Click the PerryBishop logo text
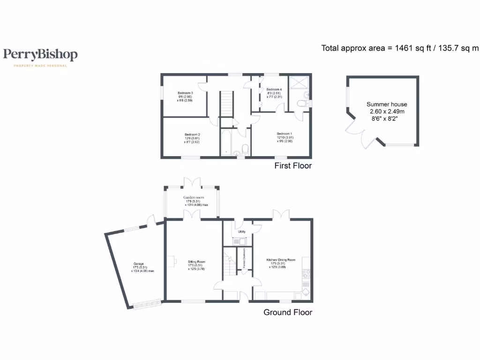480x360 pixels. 40,55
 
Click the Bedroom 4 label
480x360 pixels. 274,93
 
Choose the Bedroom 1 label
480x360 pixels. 284,137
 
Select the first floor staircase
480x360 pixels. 226,103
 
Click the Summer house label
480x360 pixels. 387,108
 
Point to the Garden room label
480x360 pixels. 193,201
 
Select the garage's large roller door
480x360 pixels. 147,304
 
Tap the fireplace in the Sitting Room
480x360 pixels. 172,261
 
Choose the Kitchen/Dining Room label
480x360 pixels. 281,263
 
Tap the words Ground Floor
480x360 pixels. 287,312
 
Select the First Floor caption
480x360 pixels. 293,165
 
